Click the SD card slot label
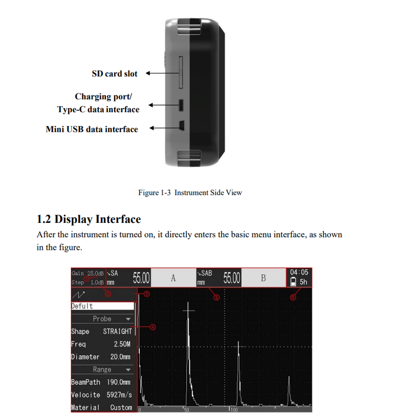click(x=114, y=73)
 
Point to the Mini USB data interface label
click(x=91, y=129)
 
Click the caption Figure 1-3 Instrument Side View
click(x=190, y=193)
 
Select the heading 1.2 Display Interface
click(x=88, y=219)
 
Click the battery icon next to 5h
click(x=293, y=282)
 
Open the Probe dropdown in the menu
click(x=103, y=319)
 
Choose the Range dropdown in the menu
click(x=103, y=370)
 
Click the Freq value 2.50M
click(x=122, y=344)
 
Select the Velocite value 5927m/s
click(x=119, y=395)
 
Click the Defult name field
click(x=103, y=306)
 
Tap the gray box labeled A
click(x=173, y=278)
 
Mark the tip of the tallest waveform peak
click(x=188, y=303)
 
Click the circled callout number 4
click(x=153, y=327)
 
